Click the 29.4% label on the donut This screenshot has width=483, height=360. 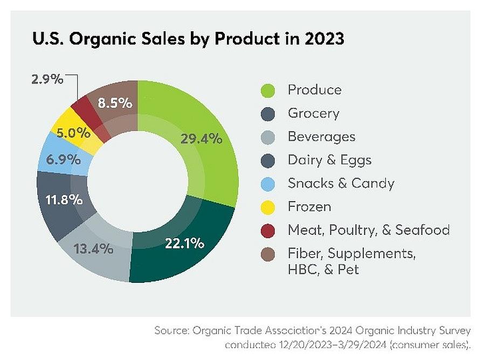tap(201, 139)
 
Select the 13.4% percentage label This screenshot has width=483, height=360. tap(92, 248)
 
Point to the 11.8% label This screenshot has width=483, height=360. tap(61, 199)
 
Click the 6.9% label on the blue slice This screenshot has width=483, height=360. tap(60, 160)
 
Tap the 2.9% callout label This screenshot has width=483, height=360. tap(47, 79)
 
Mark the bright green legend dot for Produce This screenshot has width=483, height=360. tap(267, 90)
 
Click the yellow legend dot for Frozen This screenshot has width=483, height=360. tap(267, 207)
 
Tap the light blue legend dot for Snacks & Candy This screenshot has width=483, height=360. tap(267, 184)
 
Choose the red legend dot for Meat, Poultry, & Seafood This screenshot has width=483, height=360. tap(267, 231)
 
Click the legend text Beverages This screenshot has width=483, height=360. tap(321, 137)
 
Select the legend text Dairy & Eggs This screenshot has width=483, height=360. tap(329, 160)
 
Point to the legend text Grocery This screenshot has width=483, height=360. tap(313, 114)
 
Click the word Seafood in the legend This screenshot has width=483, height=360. tap(422, 230)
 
